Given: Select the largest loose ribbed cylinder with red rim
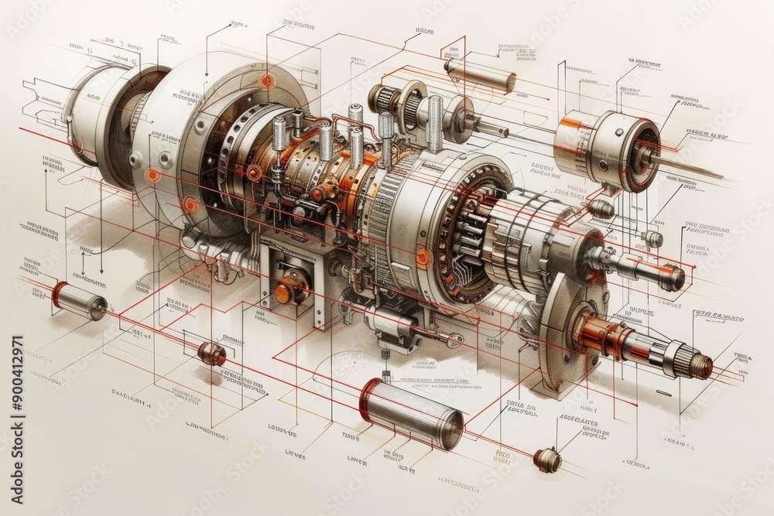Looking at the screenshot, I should pos(412,412).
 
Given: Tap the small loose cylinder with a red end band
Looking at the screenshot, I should pos(80,301).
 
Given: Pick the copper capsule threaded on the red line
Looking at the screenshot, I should pos(211,354).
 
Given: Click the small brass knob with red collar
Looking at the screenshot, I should pos(546,460).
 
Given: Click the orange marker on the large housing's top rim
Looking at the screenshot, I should pos(266,81).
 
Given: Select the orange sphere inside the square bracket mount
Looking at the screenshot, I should pos(285,292).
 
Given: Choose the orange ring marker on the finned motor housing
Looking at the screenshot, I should pos(423,256).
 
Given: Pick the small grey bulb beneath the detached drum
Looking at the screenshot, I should pos(601,207).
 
